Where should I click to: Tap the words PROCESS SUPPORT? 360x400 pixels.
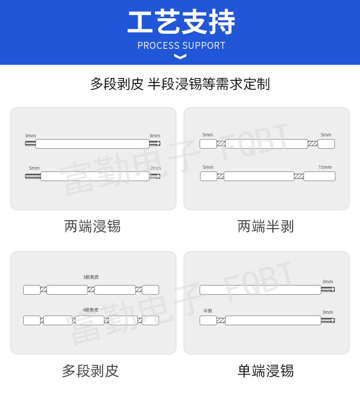point(181,46)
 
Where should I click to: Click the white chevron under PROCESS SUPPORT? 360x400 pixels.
point(180,57)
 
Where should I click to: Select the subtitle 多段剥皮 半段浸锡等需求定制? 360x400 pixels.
point(180,84)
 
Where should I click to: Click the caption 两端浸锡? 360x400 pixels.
point(93,226)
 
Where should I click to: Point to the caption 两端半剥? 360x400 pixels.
point(266,226)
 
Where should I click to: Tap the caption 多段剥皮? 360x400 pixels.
point(90,371)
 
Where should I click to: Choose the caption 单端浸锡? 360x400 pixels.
point(266,371)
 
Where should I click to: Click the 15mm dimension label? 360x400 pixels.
point(325,167)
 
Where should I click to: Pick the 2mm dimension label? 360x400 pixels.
point(155,168)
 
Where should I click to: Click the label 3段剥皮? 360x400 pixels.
point(91,277)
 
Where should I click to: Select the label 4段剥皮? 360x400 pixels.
point(91,310)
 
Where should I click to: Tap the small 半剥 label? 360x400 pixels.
point(207,311)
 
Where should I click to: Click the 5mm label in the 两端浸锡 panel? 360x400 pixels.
point(34,168)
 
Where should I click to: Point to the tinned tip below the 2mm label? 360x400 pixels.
point(155,176)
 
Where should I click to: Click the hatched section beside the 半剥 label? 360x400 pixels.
point(221,320)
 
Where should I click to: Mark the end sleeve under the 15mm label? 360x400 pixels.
point(319,176)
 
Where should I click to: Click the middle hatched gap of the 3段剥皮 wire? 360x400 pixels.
point(91,290)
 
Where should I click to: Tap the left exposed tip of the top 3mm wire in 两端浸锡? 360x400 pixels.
point(31,144)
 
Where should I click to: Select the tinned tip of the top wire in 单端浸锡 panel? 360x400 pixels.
point(328,290)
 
